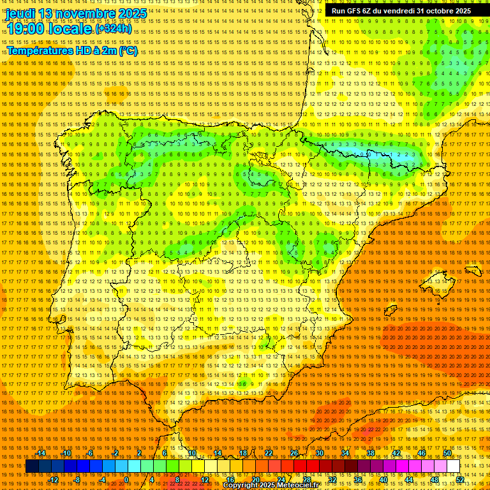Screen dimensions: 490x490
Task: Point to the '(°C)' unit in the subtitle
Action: point(128,51)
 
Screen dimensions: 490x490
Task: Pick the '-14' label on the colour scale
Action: point(41,453)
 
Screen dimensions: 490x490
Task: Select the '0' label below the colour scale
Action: point(127,479)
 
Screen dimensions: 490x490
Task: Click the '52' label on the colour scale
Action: point(460,479)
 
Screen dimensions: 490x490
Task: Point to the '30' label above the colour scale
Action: point(319,453)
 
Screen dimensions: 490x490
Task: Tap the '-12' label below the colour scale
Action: point(54,479)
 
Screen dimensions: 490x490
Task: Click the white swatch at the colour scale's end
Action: point(453,466)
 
